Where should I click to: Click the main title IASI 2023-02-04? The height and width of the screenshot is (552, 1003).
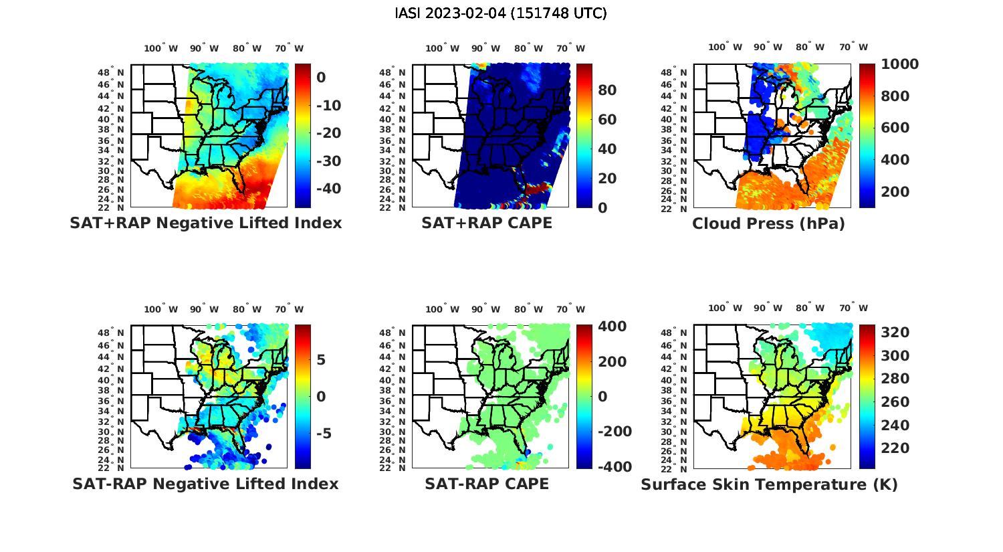(x=501, y=13)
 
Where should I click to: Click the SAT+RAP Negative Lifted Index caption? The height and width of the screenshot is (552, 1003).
(x=205, y=223)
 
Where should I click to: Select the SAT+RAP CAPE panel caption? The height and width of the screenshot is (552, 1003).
(x=487, y=223)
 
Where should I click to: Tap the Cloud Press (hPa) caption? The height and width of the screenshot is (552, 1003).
(x=768, y=224)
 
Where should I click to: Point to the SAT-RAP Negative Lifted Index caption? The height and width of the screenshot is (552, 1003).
(x=205, y=484)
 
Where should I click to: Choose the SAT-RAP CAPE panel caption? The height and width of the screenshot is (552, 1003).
(x=487, y=484)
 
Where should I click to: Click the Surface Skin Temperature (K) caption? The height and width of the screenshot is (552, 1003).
(x=769, y=484)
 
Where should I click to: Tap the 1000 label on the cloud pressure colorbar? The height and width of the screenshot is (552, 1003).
(x=899, y=64)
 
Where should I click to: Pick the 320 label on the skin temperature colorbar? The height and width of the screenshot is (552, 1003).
(x=895, y=333)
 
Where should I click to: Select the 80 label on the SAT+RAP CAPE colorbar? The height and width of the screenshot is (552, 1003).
(x=606, y=90)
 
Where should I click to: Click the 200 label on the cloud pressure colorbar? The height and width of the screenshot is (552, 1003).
(x=895, y=192)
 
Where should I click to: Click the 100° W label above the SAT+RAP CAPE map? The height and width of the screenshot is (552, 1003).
(x=443, y=48)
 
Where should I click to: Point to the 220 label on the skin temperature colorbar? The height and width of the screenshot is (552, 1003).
(x=895, y=448)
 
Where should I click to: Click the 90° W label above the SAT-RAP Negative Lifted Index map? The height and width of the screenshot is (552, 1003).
(x=204, y=309)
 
